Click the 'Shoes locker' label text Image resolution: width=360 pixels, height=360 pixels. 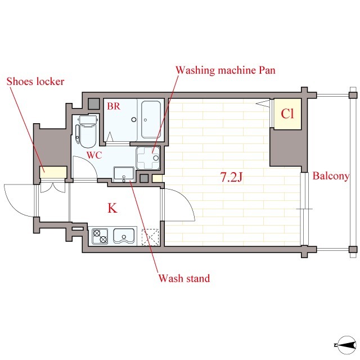click(x=35, y=82)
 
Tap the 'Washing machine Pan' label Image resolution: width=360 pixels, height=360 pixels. click(x=226, y=70)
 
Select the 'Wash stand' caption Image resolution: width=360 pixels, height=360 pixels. click(x=184, y=278)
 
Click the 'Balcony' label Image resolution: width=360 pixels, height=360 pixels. click(x=331, y=176)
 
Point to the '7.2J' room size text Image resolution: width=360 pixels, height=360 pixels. click(x=231, y=177)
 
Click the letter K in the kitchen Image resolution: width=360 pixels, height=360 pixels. click(x=112, y=208)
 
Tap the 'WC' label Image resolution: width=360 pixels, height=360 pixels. click(x=94, y=155)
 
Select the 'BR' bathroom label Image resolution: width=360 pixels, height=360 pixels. click(x=114, y=106)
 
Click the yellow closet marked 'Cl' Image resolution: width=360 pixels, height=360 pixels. click(x=287, y=114)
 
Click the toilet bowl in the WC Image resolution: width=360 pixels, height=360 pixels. click(x=88, y=132)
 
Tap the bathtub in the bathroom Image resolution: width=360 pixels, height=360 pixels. click(x=151, y=119)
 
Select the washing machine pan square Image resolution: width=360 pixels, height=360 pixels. click(x=148, y=158)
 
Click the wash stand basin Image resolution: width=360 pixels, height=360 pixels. click(x=124, y=174)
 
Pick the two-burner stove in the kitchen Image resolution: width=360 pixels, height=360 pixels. click(x=100, y=236)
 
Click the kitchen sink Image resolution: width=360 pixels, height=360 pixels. click(x=124, y=236)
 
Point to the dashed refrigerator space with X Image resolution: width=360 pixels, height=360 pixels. click(x=150, y=237)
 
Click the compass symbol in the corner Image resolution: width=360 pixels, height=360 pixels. click(x=346, y=345)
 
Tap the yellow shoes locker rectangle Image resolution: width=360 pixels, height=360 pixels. click(x=53, y=172)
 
